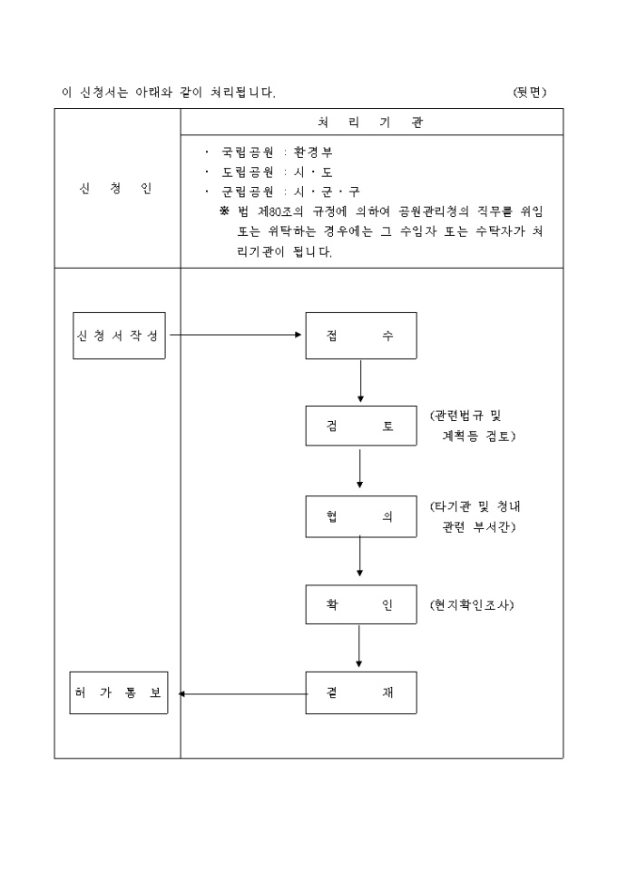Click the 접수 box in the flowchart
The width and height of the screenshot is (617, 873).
(360, 335)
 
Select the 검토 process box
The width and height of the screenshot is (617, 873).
(360, 427)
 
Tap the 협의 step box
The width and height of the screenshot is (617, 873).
(360, 515)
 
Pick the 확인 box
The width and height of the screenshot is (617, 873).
(360, 605)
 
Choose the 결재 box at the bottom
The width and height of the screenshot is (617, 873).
(360, 693)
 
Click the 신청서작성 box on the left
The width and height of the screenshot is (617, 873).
(119, 335)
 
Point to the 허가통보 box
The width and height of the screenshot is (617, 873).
(119, 693)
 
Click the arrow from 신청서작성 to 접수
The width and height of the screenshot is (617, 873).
(236, 335)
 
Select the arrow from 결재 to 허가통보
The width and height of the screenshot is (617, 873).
(242, 694)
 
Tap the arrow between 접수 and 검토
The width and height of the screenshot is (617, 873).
(360, 381)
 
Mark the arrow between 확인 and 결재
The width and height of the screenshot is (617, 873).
(360, 650)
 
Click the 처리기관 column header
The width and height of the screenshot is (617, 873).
(371, 123)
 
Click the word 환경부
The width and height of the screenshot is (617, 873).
(314, 152)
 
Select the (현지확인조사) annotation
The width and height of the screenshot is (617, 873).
(472, 605)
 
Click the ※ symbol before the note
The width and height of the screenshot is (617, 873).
(224, 211)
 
